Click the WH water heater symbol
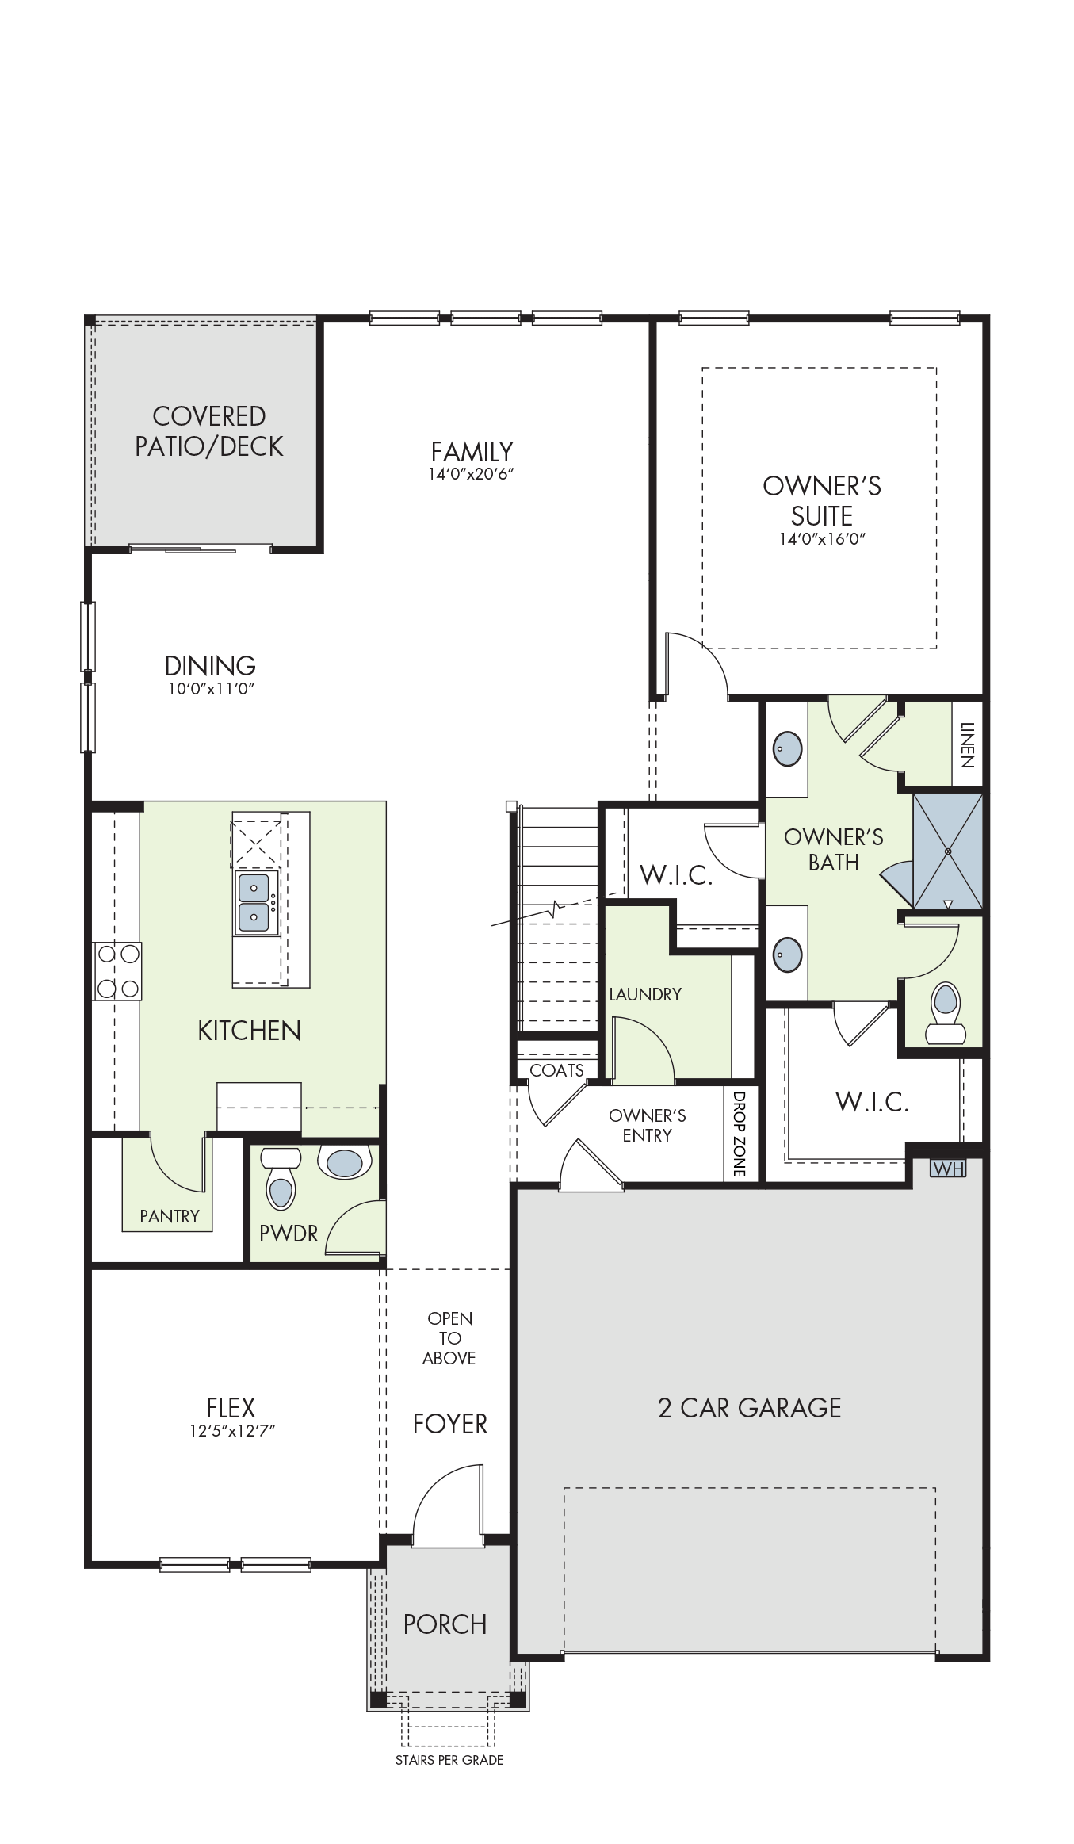coord(948,1168)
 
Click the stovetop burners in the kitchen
coord(117,971)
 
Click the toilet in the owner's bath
coord(945,1013)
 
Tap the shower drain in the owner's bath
coord(949,851)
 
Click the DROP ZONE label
coord(739,1134)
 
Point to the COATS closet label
coord(556,1070)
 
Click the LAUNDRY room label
coord(645,994)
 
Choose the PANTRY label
coord(170,1216)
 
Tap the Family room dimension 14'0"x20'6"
coord(472,474)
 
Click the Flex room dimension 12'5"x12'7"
coord(231,1431)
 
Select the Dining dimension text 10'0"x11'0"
coord(210,689)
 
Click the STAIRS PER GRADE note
coord(449,1760)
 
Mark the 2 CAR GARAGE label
coord(750,1408)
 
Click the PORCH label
coord(445,1624)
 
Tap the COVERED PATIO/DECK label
coord(209,431)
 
